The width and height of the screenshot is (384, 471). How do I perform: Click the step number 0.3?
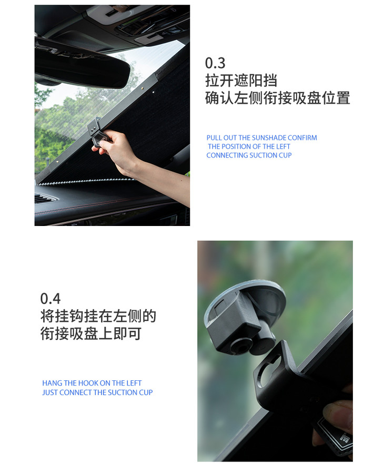click(215, 63)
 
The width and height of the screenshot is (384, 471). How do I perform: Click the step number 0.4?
click(50, 299)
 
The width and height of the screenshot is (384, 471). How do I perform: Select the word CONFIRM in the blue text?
click(302, 138)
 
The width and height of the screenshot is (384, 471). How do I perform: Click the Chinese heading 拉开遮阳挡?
click(241, 81)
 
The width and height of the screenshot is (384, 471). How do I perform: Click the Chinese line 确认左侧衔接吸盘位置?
click(278, 98)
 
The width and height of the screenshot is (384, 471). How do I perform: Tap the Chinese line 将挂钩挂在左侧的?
click(98, 316)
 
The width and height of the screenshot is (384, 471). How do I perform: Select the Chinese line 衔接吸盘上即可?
click(91, 333)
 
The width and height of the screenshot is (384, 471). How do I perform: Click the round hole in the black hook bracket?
click(270, 371)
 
